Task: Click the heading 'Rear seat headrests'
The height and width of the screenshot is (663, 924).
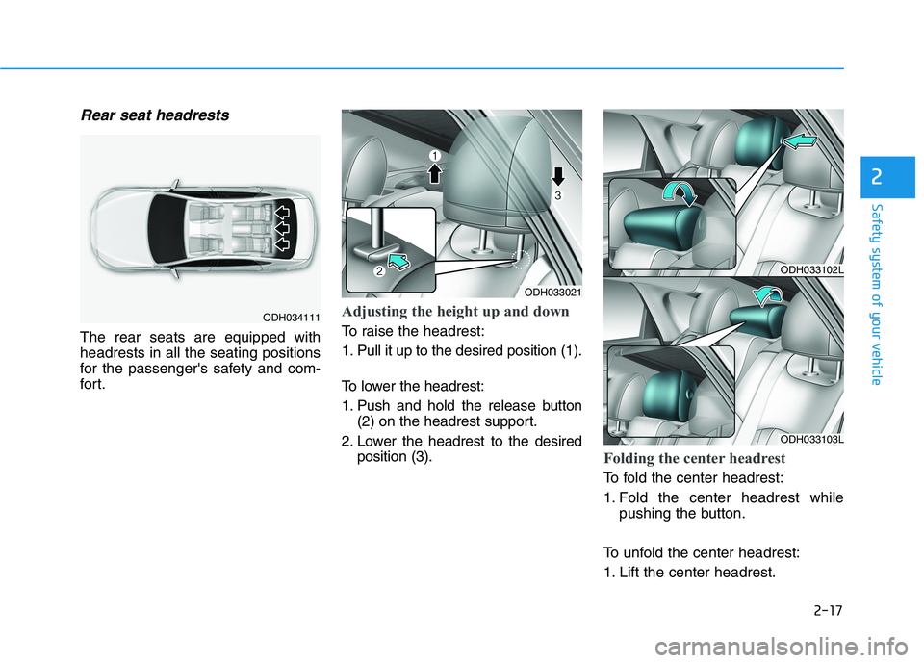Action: pos(155,115)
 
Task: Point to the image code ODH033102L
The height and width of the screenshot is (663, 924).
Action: pos(812,270)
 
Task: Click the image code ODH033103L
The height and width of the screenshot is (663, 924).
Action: pos(812,439)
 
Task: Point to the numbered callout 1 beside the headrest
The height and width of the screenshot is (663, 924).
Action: pos(434,155)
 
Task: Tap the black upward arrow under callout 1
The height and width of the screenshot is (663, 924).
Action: pos(434,172)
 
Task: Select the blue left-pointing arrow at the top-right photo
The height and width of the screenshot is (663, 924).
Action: pos(800,142)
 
